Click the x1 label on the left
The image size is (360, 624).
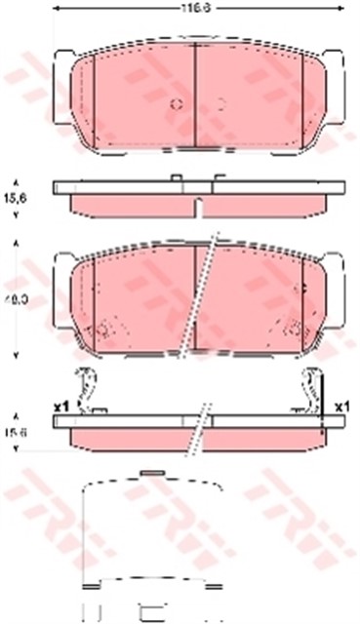coord(59,406)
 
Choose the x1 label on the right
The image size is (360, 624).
coord(341,406)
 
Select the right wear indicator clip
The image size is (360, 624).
coord(312,388)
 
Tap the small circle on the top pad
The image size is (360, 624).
coord(173,102)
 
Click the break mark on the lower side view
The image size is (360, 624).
coord(202,421)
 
